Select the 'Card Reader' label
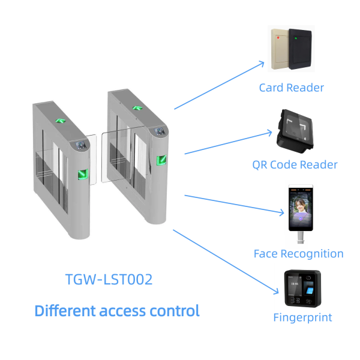click(291, 88)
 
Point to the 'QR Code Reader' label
click(295, 164)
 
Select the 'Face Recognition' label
click(298, 253)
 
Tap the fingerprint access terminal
click(302, 289)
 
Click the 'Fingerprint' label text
click(302, 317)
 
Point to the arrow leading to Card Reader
click(219, 85)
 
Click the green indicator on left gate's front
click(82, 175)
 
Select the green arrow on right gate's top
click(138, 107)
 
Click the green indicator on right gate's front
click(161, 161)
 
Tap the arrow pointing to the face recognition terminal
click(234, 203)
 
